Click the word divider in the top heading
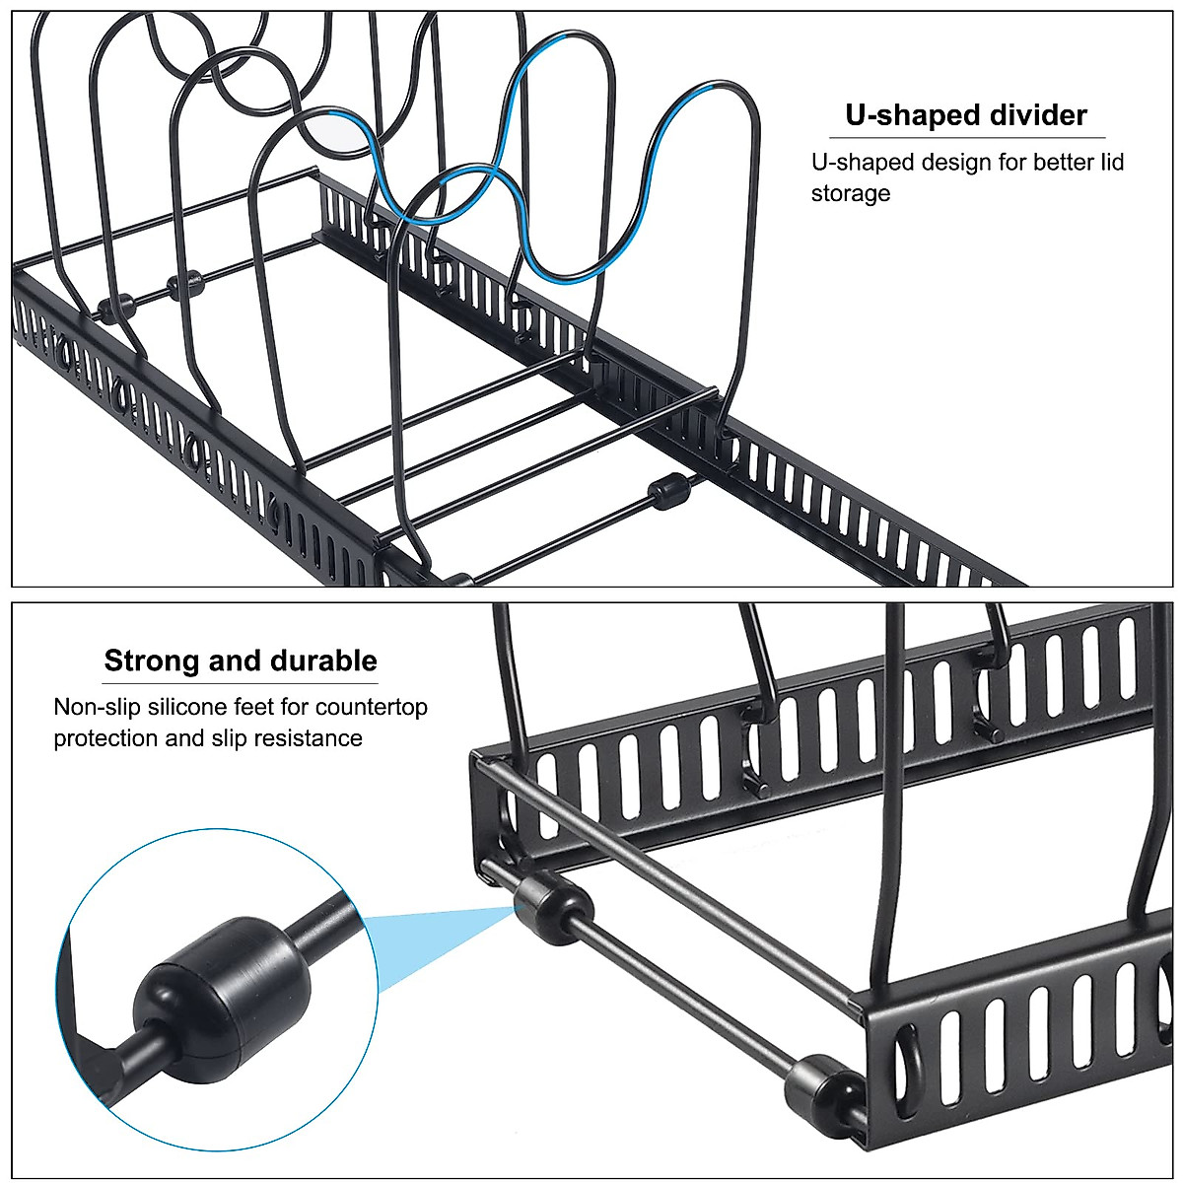coord(1032,115)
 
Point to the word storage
coord(850,193)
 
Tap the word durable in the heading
coord(324,661)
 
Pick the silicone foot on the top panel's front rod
coord(670,491)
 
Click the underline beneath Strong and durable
coord(241,683)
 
